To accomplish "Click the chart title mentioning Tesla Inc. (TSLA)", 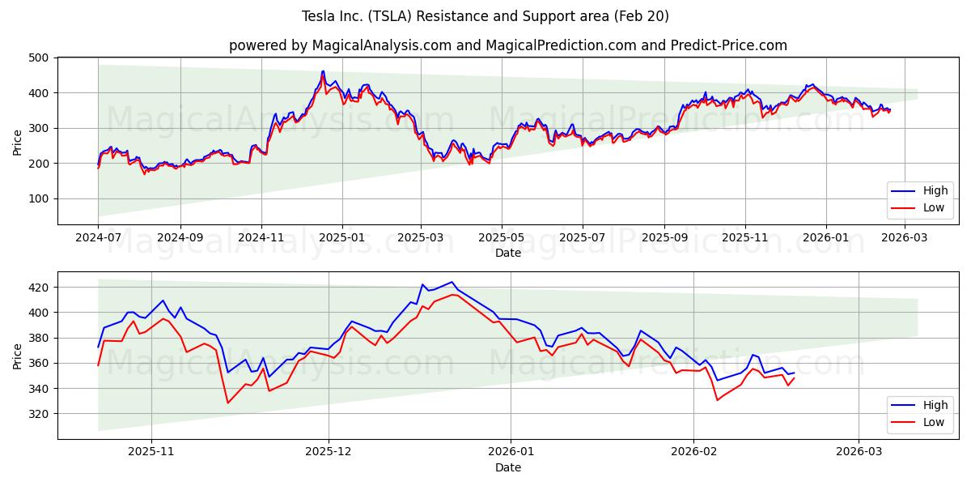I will pos(485,16).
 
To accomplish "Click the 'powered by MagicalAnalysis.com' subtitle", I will pos(507,45).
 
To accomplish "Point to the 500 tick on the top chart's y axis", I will pos(38,58).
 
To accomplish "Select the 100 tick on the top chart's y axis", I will pos(38,198).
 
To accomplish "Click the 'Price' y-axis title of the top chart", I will pos(18,141).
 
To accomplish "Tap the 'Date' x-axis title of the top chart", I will pos(507,254).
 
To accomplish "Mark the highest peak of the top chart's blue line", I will pos(323,71).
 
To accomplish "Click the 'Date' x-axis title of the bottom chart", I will pos(507,468).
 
